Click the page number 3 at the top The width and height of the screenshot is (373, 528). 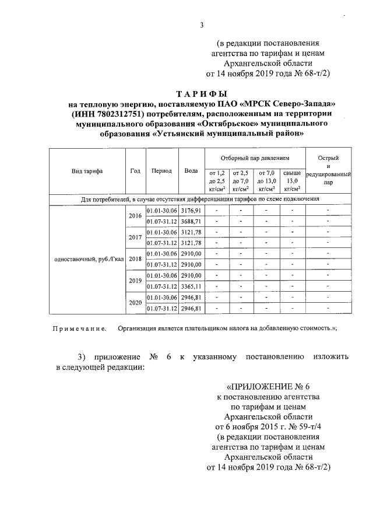[201, 25]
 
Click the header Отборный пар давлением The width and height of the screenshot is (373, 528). [255, 158]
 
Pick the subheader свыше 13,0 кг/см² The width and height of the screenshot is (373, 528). [292, 180]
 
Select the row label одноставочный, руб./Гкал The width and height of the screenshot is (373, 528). [87, 259]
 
